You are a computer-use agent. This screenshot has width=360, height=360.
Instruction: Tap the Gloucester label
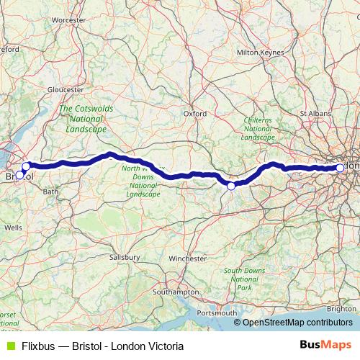[x=66, y=89]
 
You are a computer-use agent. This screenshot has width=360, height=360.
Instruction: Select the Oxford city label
[x=194, y=113]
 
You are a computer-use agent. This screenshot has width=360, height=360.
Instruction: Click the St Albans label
[x=315, y=113]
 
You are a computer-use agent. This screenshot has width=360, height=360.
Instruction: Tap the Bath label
[x=50, y=192]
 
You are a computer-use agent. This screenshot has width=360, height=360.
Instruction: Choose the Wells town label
[x=13, y=227]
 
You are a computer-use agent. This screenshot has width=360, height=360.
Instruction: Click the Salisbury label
[x=124, y=256]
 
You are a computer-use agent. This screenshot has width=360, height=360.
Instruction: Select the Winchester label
[x=187, y=258]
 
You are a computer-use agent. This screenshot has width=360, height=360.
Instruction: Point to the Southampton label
[x=176, y=292]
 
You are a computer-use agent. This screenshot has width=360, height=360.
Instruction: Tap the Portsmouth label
[x=216, y=312]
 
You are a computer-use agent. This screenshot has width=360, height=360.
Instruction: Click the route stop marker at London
[x=340, y=168]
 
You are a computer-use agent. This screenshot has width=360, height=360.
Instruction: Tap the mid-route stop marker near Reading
[x=231, y=186]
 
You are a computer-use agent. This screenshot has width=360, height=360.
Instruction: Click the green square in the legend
[x=10, y=346]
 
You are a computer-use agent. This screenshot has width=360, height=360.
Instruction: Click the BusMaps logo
[x=326, y=346]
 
